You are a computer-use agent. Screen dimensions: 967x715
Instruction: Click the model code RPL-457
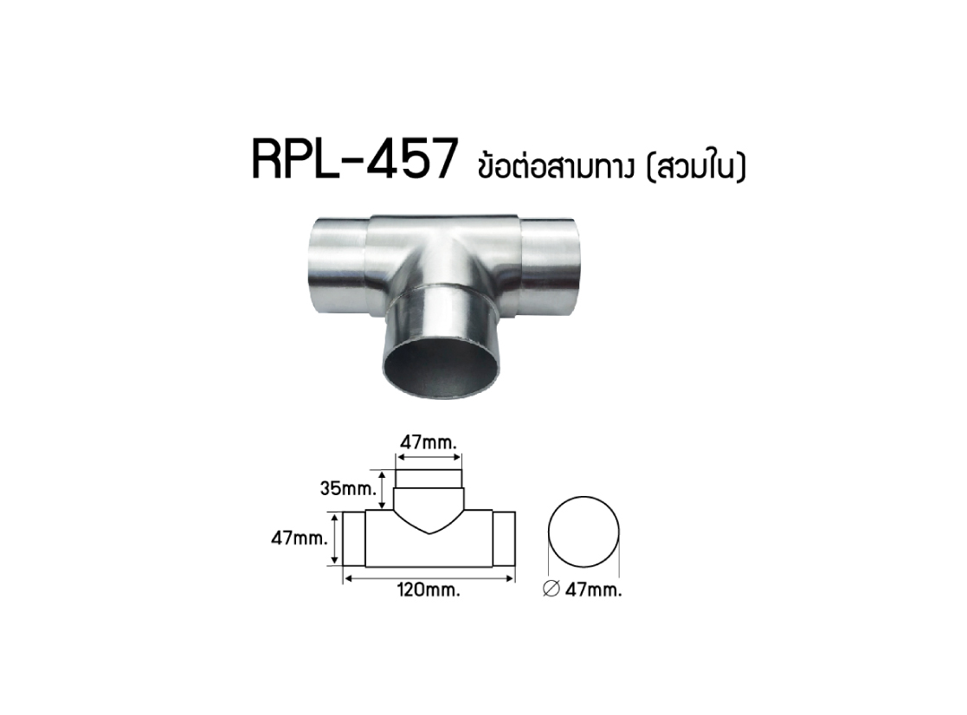[x=355, y=159]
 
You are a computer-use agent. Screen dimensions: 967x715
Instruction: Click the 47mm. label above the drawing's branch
[x=429, y=442]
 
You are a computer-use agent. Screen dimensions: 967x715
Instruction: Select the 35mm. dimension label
[x=348, y=489]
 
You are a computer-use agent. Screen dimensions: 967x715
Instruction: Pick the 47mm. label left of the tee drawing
[x=300, y=538]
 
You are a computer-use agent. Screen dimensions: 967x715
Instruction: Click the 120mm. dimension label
[x=429, y=589]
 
